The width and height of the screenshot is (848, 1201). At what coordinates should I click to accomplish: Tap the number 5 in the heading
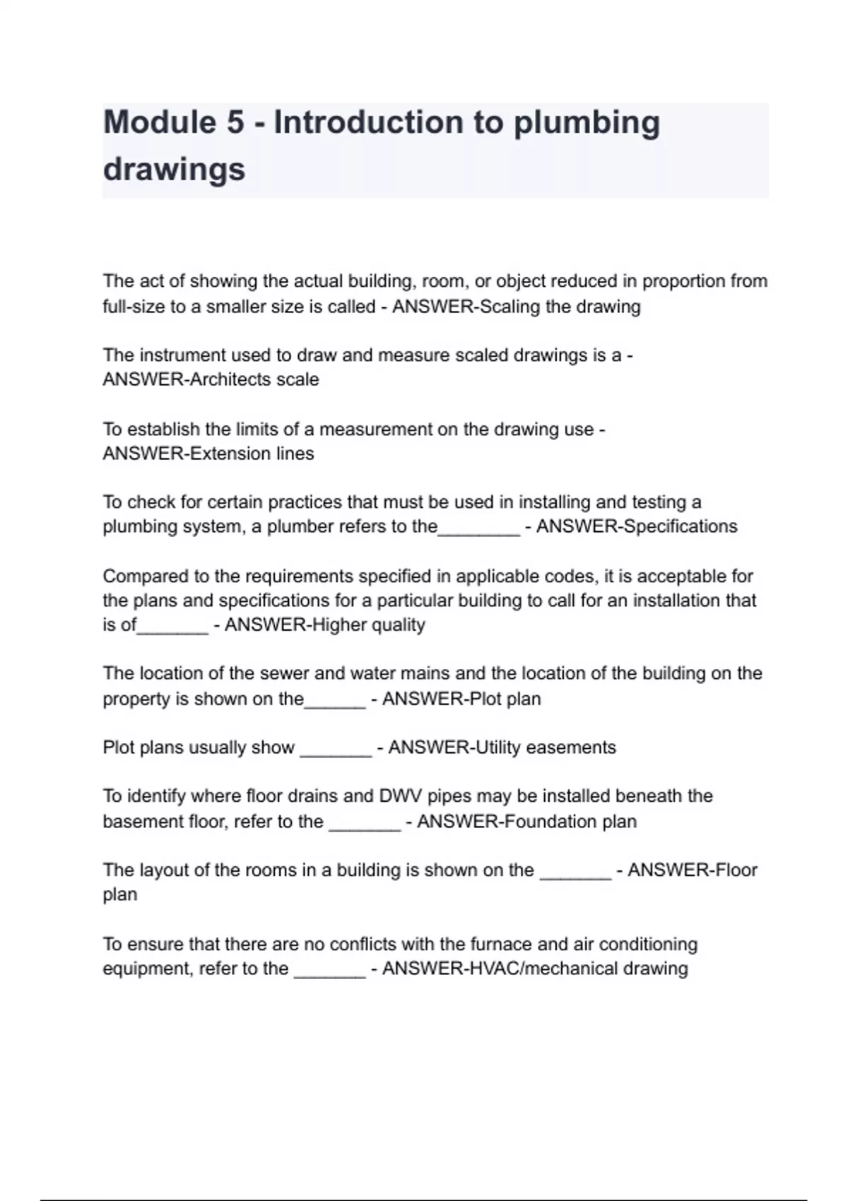[235, 122]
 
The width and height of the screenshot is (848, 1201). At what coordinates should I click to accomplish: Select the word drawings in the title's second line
[174, 170]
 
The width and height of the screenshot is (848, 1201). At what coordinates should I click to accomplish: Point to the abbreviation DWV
[401, 796]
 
